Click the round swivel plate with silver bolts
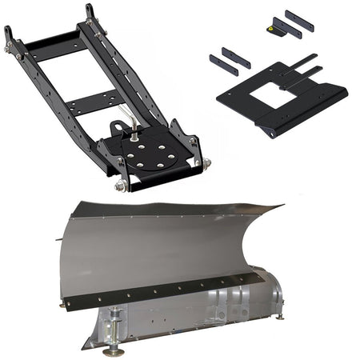point(153,153)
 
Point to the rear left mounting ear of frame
point(9,36)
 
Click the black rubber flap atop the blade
point(176,210)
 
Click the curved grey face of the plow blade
point(160,248)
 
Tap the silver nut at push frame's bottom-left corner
point(121,186)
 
